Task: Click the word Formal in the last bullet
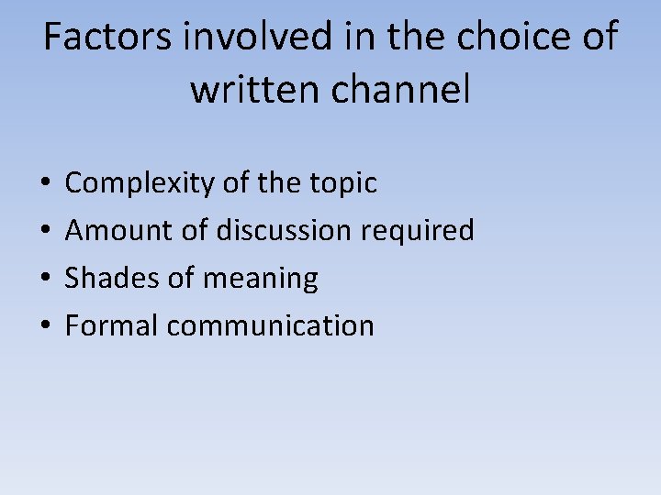(111, 325)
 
